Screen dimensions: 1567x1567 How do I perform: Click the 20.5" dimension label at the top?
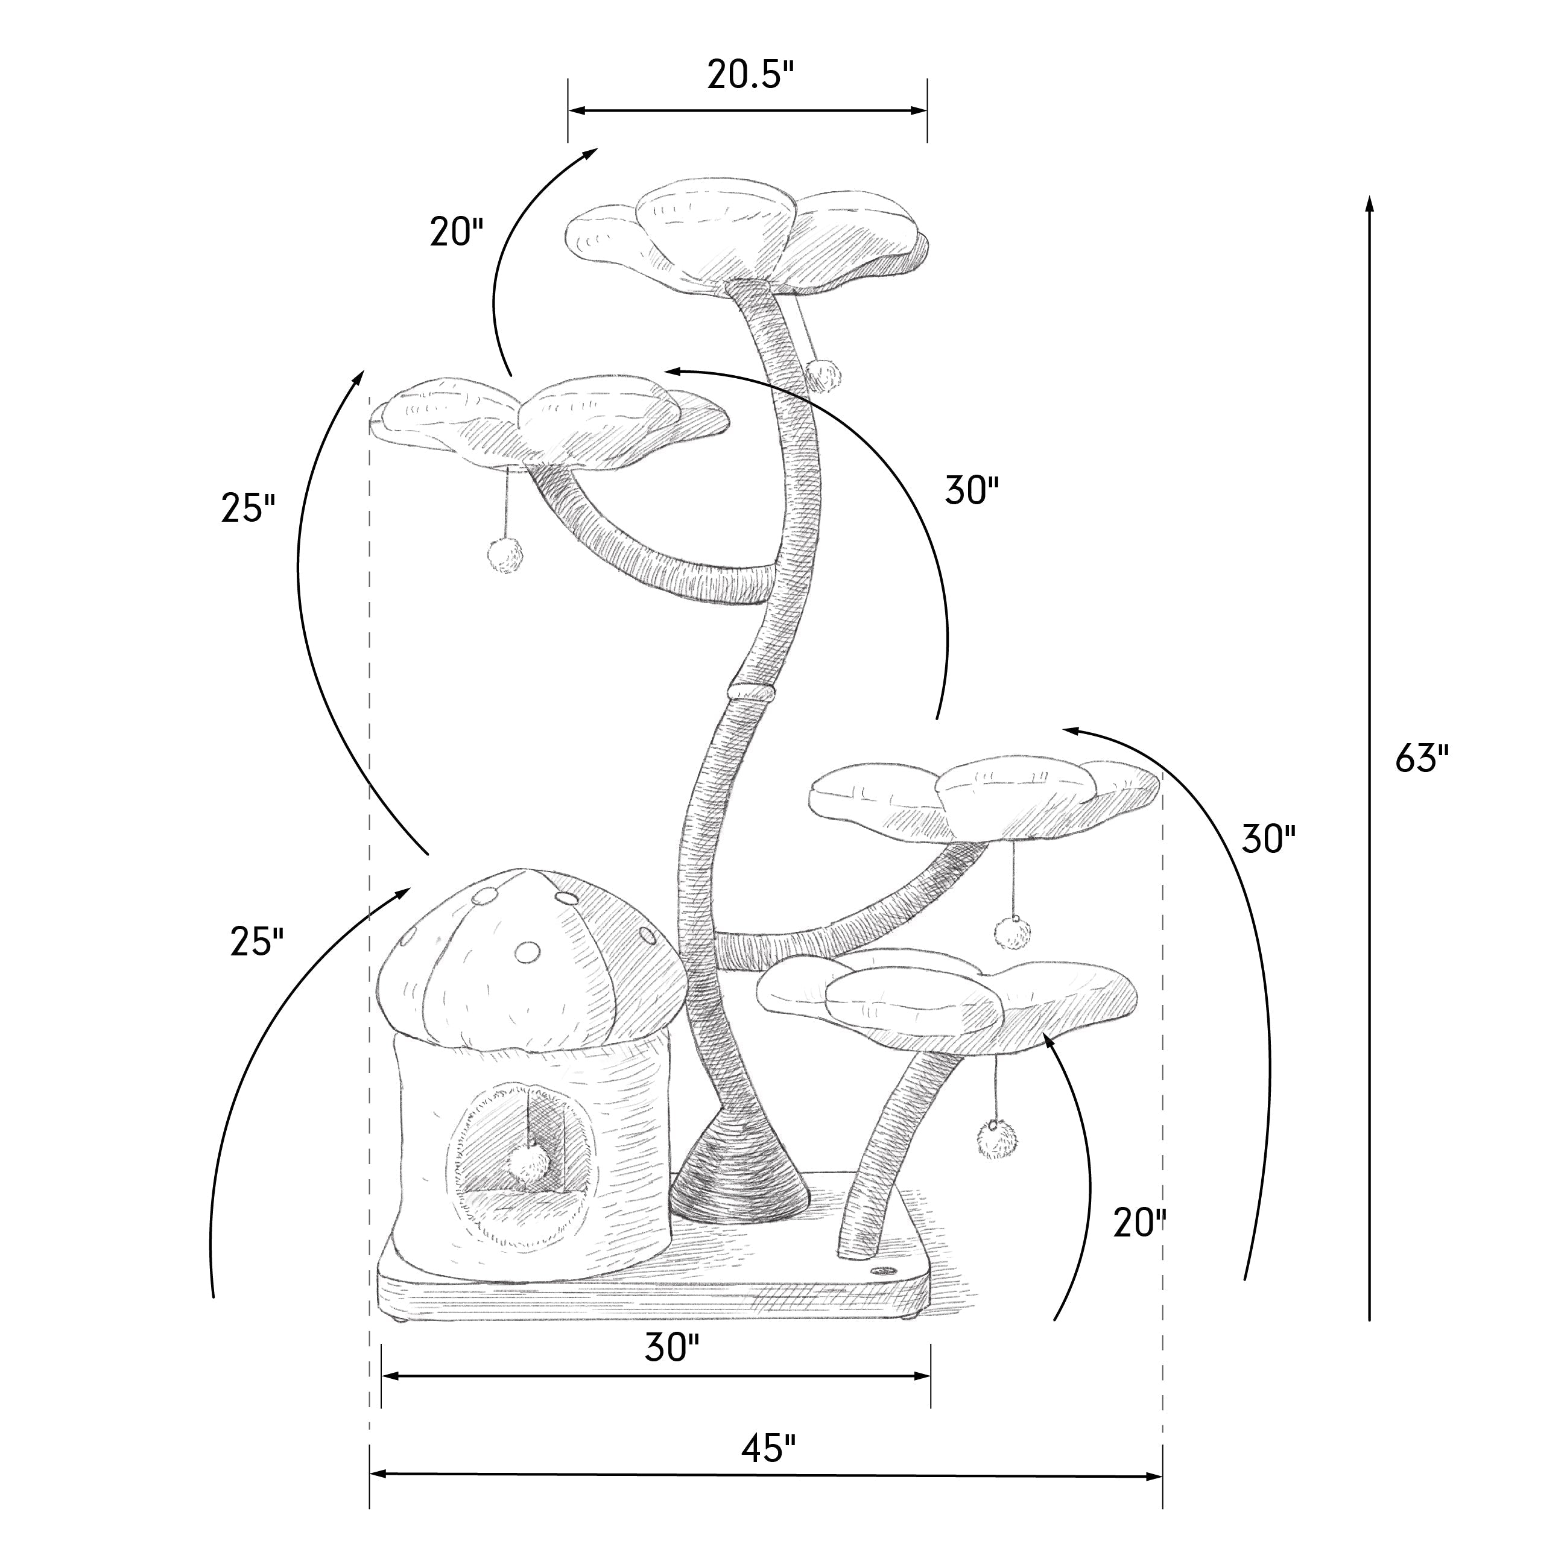coord(750,75)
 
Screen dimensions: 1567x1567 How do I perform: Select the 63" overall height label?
coord(1422,759)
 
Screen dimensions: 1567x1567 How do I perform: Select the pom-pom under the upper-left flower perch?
coord(505,556)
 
